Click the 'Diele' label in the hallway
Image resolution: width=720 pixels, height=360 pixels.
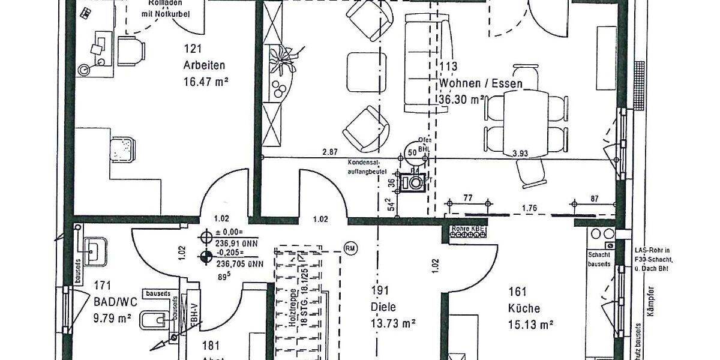[x=383, y=308]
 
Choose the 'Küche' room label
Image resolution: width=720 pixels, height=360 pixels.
[x=523, y=309]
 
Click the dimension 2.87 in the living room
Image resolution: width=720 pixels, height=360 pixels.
[x=329, y=153]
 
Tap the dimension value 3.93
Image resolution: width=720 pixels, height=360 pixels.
[x=520, y=154]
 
